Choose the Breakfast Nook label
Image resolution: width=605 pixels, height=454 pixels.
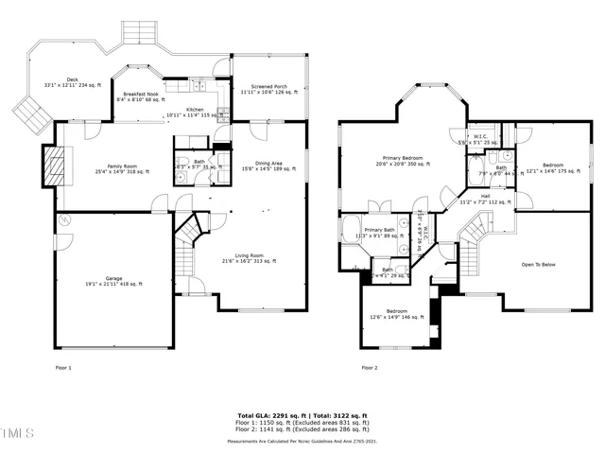(x=141, y=96)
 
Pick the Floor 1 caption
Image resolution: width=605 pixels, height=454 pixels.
(x=63, y=367)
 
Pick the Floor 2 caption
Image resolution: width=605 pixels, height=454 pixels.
(x=369, y=367)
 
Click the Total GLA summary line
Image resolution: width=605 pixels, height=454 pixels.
(x=302, y=415)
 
